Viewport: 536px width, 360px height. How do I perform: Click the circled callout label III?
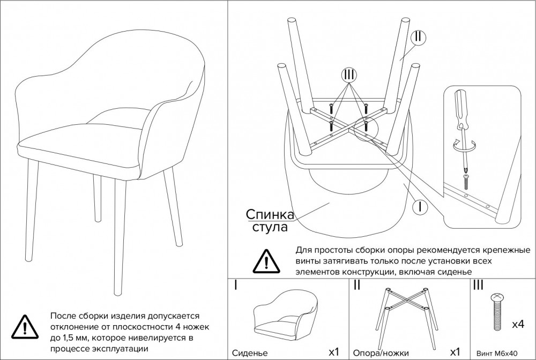pyautogui.click(x=349, y=75)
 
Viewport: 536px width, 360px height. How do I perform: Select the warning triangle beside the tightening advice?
pyautogui.click(x=266, y=261)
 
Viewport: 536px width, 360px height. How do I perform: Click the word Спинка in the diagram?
pyautogui.click(x=270, y=214)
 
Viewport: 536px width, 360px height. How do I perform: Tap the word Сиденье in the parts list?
pyautogui.click(x=250, y=353)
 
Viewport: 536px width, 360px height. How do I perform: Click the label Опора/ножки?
pyautogui.click(x=381, y=353)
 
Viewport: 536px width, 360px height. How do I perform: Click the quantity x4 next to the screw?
pyautogui.click(x=518, y=324)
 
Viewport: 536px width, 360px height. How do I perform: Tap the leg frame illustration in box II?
pyautogui.click(x=406, y=309)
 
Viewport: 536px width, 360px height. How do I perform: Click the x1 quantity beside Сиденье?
pyautogui.click(x=333, y=352)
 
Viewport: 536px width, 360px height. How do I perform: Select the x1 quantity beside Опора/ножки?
pyautogui.click(x=455, y=352)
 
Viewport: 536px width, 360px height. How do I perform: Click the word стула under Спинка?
pyautogui.click(x=270, y=227)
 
